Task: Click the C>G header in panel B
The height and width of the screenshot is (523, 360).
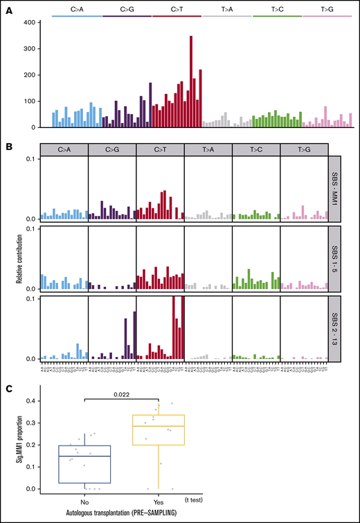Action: point(112,149)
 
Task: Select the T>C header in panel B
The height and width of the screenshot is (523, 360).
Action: point(255,149)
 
